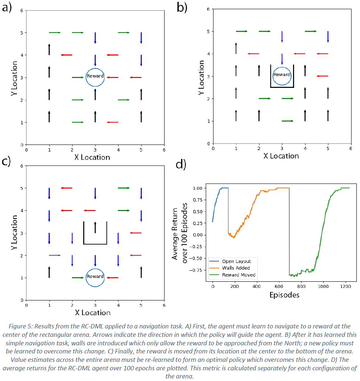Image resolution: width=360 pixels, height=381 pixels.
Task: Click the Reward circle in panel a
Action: click(x=95, y=77)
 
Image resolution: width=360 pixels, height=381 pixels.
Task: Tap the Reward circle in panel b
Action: click(x=282, y=75)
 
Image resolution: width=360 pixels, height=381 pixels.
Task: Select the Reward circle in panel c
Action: click(x=95, y=277)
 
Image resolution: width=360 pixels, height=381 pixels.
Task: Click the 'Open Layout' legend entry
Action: click(x=236, y=261)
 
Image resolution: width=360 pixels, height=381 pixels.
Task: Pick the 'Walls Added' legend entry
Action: click(x=236, y=268)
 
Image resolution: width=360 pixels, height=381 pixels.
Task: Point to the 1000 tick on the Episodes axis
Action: click(x=323, y=286)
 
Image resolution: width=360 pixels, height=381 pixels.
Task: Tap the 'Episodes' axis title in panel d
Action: click(x=284, y=295)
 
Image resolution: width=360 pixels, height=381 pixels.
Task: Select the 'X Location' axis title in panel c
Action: click(x=92, y=313)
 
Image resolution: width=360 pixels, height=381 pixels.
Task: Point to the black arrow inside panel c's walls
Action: click(x=95, y=228)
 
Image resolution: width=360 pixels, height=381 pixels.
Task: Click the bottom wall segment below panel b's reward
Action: click(x=282, y=88)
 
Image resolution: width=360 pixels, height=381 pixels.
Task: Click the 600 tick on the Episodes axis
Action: click(x=279, y=286)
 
